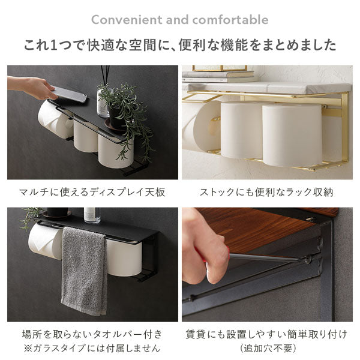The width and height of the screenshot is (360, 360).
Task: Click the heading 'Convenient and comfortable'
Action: [179, 20]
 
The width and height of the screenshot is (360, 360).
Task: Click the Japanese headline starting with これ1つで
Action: [179, 46]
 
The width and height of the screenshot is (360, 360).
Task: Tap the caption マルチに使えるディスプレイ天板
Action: [92, 192]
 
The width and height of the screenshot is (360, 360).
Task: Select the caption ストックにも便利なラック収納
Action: [267, 192]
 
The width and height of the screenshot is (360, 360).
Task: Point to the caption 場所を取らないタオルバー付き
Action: [92, 334]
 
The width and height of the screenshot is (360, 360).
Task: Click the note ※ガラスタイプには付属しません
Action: [92, 347]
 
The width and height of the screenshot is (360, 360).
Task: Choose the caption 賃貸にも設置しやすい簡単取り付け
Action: [267, 334]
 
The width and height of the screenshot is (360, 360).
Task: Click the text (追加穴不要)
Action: [267, 347]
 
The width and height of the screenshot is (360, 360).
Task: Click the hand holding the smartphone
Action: [30, 87]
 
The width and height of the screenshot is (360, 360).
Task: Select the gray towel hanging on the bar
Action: [84, 273]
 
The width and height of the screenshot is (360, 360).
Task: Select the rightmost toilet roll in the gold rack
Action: [292, 135]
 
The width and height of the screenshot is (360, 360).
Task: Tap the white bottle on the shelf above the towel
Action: [92, 215]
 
